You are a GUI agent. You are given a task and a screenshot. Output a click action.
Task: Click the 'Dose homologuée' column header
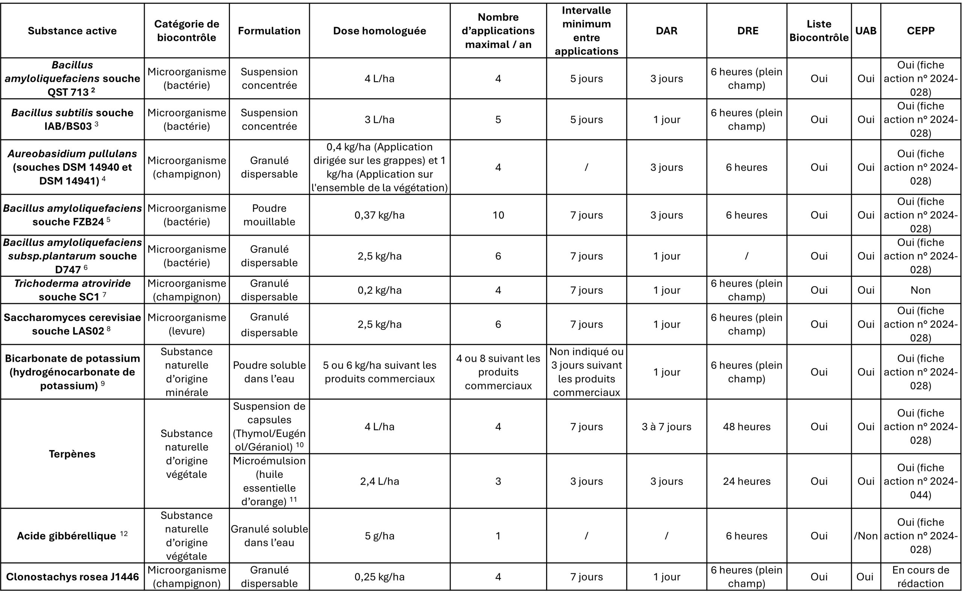tap(379, 31)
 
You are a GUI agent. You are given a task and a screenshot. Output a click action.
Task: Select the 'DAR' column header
tap(666, 31)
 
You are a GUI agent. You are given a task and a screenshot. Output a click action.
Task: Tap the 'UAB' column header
tap(866, 31)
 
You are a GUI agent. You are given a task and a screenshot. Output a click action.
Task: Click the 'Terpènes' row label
tap(72, 454)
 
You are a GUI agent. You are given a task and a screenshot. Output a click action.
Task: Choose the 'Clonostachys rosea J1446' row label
tap(72, 576)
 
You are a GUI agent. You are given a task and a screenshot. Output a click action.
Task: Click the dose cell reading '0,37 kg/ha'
tap(379, 215)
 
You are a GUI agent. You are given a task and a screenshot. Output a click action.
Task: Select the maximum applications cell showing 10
tap(498, 215)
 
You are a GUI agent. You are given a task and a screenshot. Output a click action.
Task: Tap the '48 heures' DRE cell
tap(746, 426)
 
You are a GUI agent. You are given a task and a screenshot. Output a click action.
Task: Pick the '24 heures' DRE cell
tap(746, 481)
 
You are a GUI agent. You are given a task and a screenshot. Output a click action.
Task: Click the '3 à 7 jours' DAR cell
tap(666, 426)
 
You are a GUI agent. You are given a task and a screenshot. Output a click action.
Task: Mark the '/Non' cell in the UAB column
tap(866, 536)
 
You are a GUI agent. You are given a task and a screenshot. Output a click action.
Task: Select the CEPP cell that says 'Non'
tap(920, 290)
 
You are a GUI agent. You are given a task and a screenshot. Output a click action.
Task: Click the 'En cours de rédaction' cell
tap(920, 576)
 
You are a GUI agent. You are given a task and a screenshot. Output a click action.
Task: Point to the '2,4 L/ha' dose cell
tap(379, 481)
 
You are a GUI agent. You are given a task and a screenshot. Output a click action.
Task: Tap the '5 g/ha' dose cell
tap(379, 536)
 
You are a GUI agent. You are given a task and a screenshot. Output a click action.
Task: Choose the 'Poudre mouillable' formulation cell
tap(269, 215)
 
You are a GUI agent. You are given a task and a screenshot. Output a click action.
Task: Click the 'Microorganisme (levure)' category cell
tap(186, 324)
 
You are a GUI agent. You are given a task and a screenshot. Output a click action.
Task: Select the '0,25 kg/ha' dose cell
tap(379, 576)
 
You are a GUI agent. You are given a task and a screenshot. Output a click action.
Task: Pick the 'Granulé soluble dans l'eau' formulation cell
tap(269, 536)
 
